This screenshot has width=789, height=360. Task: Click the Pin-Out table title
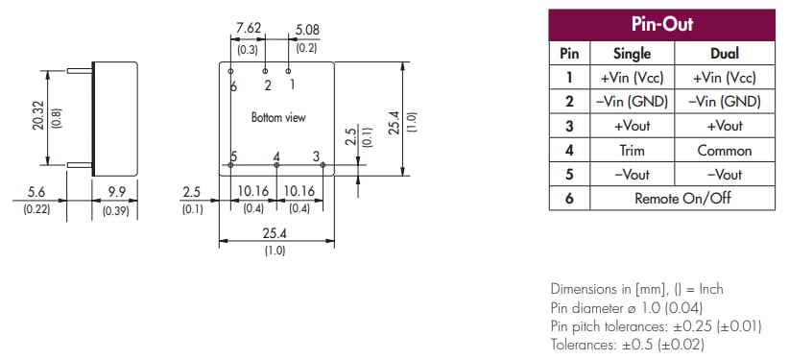point(661,24)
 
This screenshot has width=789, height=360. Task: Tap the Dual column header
point(725,54)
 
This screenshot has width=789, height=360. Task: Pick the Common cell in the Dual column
point(725,150)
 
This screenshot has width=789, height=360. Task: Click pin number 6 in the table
point(568,198)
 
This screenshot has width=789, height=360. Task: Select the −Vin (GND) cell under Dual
point(725,102)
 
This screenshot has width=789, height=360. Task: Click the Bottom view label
point(278,117)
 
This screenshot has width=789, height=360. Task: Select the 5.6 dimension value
point(36,192)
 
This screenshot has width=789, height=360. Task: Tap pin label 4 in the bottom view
point(276,156)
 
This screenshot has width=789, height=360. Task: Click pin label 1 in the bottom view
point(293,85)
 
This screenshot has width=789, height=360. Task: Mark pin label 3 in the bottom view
point(316,156)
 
